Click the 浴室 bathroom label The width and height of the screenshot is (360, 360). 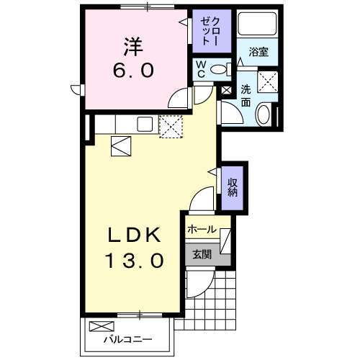click(259, 53)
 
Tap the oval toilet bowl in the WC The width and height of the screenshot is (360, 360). click(224, 69)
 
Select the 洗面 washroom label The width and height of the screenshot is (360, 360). click(246, 94)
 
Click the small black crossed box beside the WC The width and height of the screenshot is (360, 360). click(227, 91)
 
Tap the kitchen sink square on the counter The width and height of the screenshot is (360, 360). click(144, 124)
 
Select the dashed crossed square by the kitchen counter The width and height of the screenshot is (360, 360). click(171, 128)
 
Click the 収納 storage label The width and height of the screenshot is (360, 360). click(233, 186)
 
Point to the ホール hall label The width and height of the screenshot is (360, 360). click(201, 230)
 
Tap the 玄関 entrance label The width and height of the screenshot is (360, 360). click(201, 253)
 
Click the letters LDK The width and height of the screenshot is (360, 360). click(134, 235)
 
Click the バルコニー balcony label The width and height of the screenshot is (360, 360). click(127, 338)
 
